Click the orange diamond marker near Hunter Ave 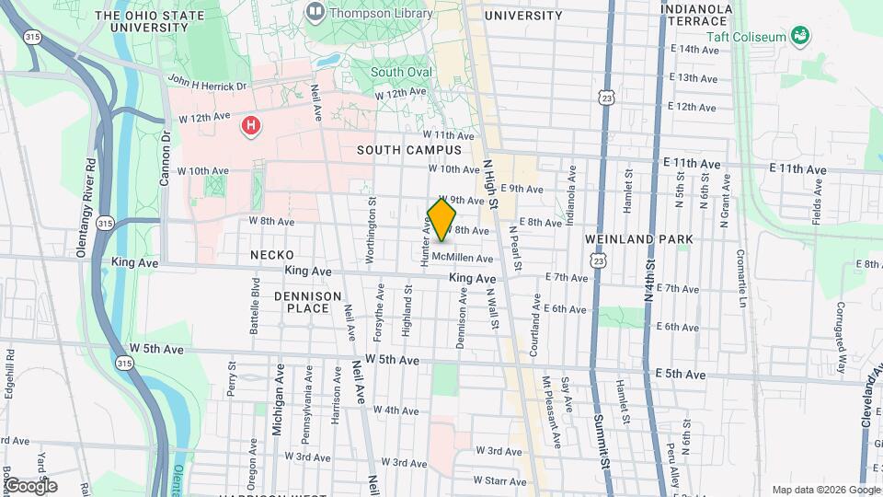[x=442, y=220]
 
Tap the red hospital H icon [x=249, y=125]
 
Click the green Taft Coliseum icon [x=800, y=36]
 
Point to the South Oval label [x=400, y=72]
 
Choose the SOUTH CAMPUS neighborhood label [x=409, y=149]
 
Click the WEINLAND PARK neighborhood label [x=638, y=239]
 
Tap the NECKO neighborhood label [x=271, y=255]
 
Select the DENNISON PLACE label [x=301, y=302]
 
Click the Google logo [x=30, y=485]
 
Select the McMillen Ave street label [x=462, y=257]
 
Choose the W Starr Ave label [x=500, y=480]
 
